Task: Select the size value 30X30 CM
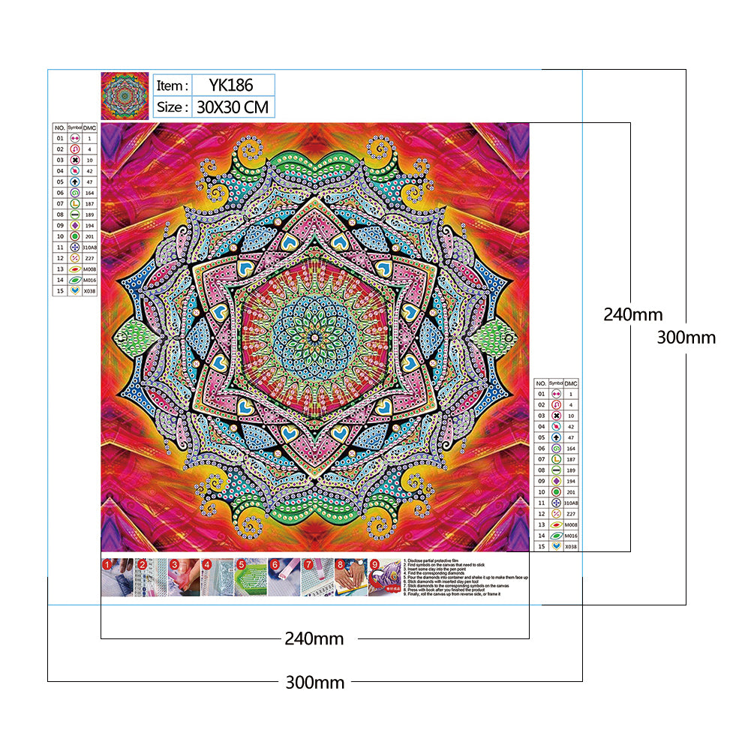click(x=233, y=107)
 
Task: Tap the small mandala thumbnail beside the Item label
click(x=125, y=95)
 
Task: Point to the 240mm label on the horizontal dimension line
click(x=314, y=639)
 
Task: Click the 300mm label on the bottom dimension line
click(x=314, y=683)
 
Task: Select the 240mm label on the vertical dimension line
click(x=632, y=315)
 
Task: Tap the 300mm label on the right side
click(x=686, y=338)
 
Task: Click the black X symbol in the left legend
click(x=74, y=160)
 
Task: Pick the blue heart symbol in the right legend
click(x=556, y=546)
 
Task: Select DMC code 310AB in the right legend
click(x=572, y=503)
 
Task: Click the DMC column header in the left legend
click(x=90, y=128)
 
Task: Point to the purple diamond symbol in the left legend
click(x=74, y=224)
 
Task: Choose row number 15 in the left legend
click(x=59, y=290)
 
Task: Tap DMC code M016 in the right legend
click(x=572, y=536)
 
